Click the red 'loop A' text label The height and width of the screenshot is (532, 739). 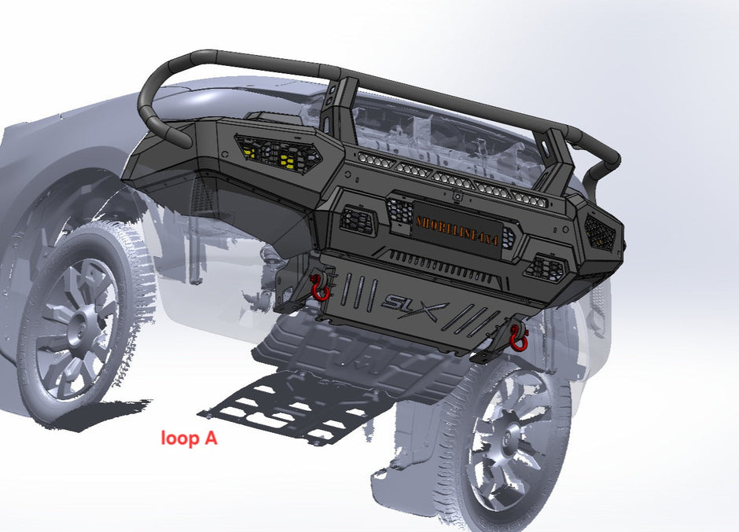pos(189,438)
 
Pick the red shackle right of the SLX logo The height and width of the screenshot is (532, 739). pos(518,336)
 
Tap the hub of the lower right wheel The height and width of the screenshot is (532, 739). pos(503,440)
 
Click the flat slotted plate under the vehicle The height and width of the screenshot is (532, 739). pos(291,405)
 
